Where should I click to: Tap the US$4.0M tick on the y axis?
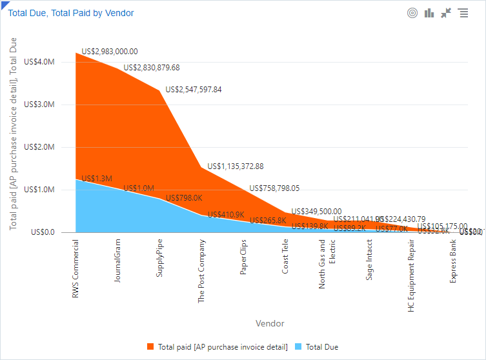pos(39,62)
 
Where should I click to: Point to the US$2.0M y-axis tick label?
pos(39,147)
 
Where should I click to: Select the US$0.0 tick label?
pos(43,232)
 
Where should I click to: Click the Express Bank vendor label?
pos(453,261)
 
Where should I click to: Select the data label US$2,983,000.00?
pos(110,52)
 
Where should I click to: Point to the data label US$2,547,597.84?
pos(194,90)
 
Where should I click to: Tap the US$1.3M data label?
pos(97,179)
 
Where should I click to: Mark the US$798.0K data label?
pos(184,199)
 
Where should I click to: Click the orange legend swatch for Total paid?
pos(150,347)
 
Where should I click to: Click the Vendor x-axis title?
pos(269,323)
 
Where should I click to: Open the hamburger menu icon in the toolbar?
pos(463,13)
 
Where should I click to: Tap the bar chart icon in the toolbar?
pos(429,13)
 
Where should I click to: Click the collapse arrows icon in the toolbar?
pos(446,13)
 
